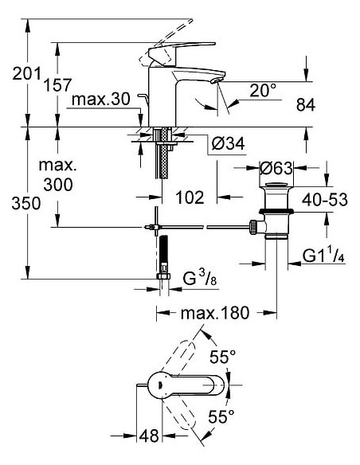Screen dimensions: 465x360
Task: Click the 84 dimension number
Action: (x=325, y=104)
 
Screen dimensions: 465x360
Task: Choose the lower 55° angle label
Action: (x=221, y=415)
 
